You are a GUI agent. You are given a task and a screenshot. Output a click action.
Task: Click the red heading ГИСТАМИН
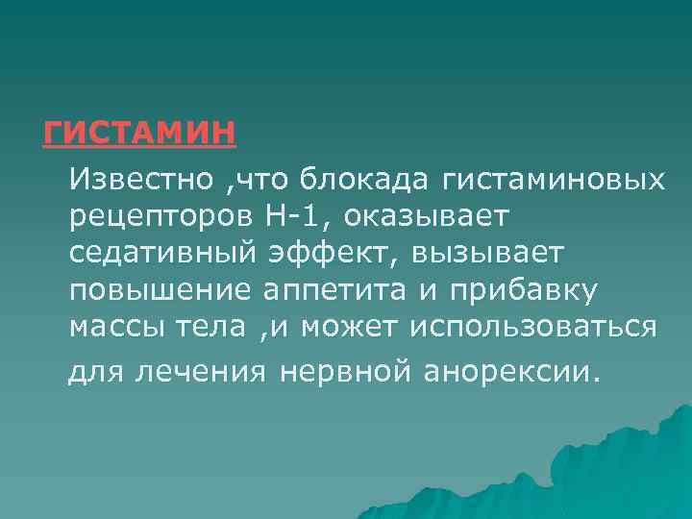pyautogui.click(x=139, y=132)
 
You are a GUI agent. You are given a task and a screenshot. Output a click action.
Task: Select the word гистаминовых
pyautogui.click(x=553, y=180)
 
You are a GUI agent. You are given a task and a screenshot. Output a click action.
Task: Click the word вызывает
pyautogui.click(x=487, y=255)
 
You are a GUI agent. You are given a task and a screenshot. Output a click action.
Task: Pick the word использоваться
pyautogui.click(x=533, y=327)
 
